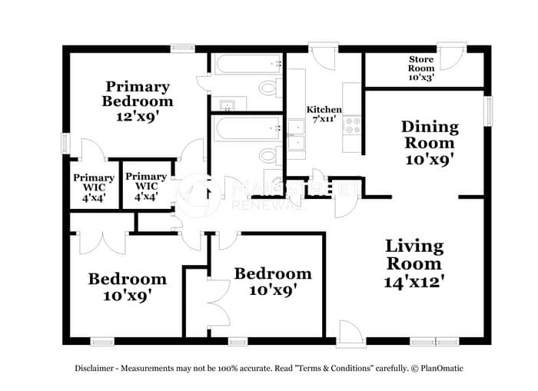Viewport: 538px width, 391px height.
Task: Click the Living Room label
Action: (x=414, y=255)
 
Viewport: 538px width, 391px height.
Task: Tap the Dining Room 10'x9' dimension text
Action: (x=430, y=160)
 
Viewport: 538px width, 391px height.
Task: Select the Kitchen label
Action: (x=324, y=110)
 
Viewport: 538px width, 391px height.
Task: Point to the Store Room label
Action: (x=421, y=64)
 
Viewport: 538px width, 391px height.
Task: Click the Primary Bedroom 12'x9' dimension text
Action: (x=138, y=117)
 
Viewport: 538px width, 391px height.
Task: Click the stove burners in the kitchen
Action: (x=352, y=125)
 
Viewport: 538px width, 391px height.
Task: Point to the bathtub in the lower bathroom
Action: (x=248, y=128)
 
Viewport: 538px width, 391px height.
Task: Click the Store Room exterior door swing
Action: (x=451, y=57)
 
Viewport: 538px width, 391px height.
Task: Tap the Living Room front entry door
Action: (x=351, y=333)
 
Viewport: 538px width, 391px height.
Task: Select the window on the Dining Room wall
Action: (x=488, y=111)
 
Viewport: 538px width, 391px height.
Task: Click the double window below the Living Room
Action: (x=435, y=342)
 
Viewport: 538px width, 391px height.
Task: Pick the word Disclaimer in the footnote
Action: (x=94, y=369)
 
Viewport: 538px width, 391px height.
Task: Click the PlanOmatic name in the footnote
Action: (x=442, y=369)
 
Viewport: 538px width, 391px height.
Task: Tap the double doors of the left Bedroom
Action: (x=103, y=243)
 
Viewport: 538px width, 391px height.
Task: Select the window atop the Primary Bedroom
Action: (x=183, y=48)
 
